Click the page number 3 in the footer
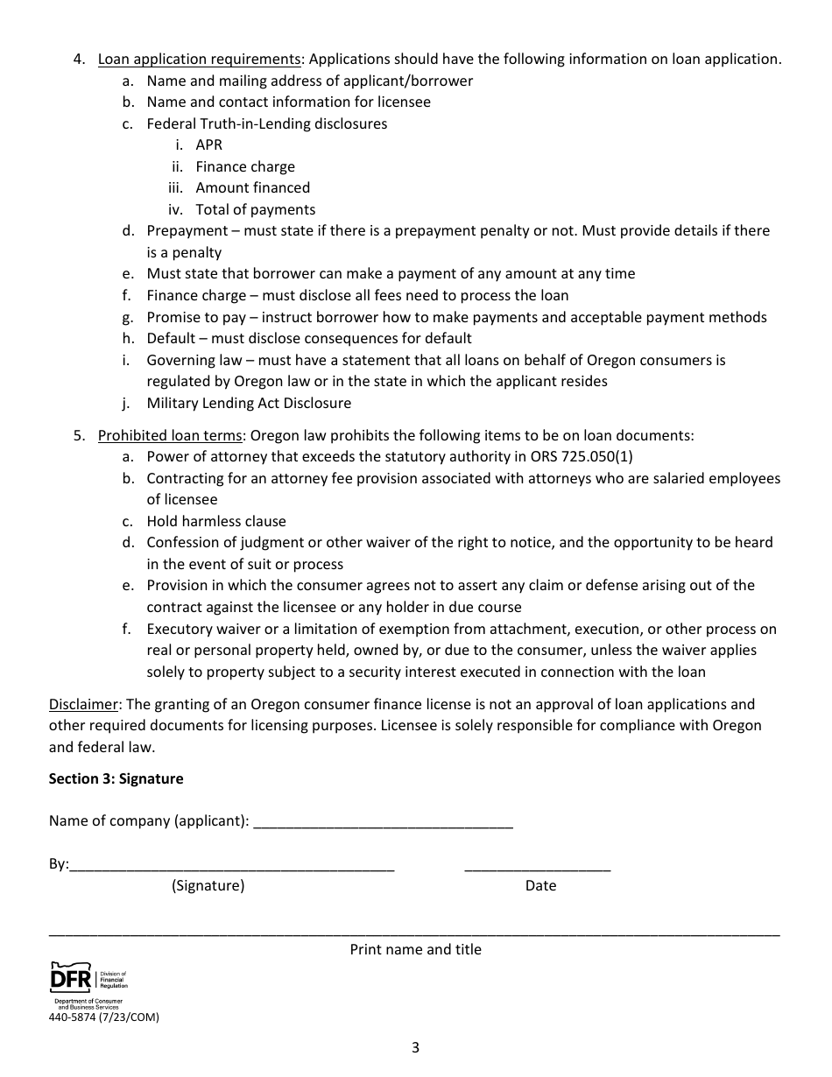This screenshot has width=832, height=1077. [415, 1047]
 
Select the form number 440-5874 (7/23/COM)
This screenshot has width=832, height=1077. [104, 1017]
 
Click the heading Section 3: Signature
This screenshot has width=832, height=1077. [116, 778]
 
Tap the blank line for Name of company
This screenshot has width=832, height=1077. [383, 823]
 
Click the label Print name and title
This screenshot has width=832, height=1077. [415, 949]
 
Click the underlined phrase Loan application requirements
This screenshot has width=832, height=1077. [200, 60]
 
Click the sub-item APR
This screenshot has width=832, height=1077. [209, 145]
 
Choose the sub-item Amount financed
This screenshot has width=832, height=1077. [252, 188]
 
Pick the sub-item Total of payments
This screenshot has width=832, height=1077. [255, 209]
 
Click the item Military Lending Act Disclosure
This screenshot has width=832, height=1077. [249, 404]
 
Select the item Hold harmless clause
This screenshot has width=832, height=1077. [216, 521]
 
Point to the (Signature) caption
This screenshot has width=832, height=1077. [208, 885]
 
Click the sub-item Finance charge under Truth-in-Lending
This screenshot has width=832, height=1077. [245, 166]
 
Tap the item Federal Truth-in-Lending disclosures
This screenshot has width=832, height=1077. [266, 123]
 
